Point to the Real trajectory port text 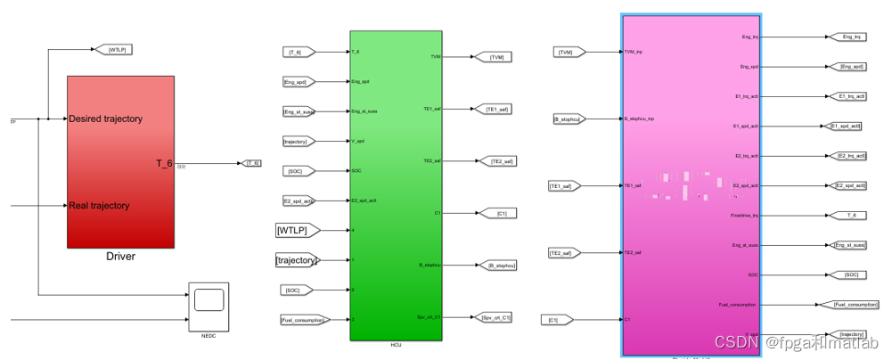(99, 206)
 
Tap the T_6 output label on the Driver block (163, 163)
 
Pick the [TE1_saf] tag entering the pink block (565, 185)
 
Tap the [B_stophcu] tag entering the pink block (568, 118)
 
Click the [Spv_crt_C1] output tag (496, 316)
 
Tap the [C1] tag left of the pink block (553, 318)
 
